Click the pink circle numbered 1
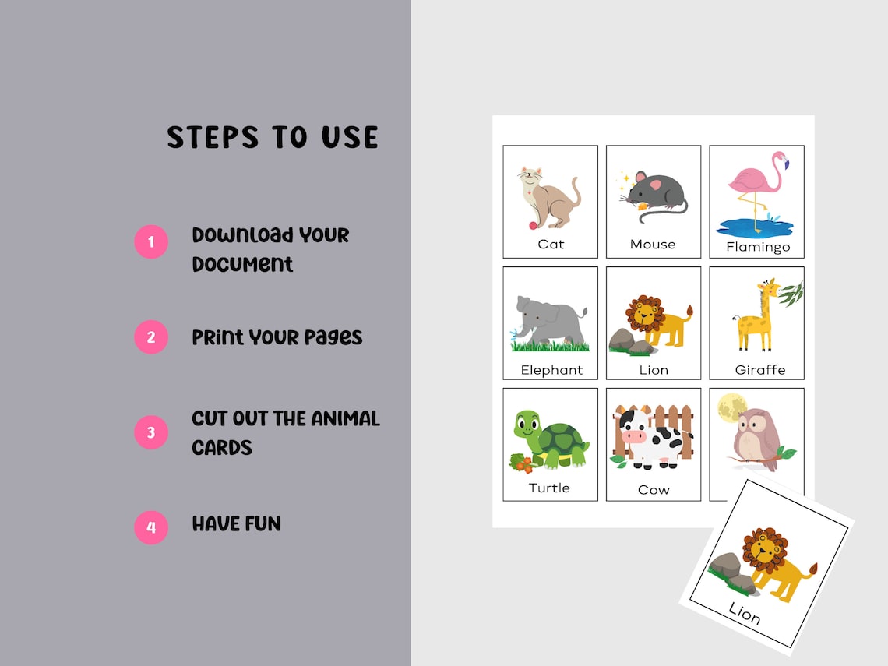tap(151, 241)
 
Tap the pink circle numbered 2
tap(151, 337)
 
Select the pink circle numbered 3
tap(151, 432)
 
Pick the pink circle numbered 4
tap(151, 527)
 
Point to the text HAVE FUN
tap(236, 523)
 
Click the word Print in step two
tap(217, 337)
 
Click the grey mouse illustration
tap(654, 194)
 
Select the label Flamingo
tap(758, 247)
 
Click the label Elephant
tap(551, 369)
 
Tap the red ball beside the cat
tap(533, 226)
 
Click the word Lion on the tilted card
tap(743, 614)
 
